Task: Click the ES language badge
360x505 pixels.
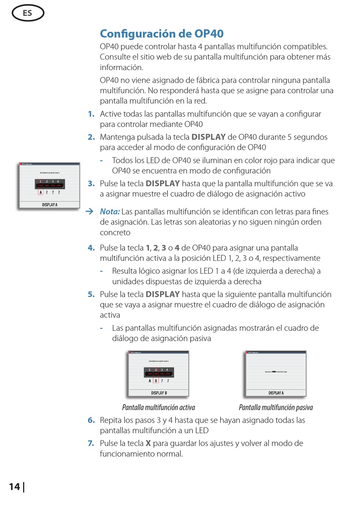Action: coord(28,13)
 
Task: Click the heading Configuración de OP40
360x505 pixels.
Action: coord(161,34)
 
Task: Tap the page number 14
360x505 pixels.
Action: coord(14,486)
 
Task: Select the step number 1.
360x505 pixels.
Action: coord(91,114)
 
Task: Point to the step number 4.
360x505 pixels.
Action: coord(91,248)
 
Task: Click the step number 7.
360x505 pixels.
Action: coord(91,443)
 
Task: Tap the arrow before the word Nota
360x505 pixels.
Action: coord(89,212)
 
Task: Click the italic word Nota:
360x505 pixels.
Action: coord(110,212)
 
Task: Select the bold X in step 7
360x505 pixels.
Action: coord(148,443)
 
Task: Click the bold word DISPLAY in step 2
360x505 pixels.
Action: coord(208,137)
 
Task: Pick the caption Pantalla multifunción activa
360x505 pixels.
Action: coord(158,408)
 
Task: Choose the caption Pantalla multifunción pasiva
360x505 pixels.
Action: coord(276,408)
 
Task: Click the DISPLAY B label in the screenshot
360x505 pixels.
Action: coord(159,393)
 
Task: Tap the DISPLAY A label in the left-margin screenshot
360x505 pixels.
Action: coord(50,205)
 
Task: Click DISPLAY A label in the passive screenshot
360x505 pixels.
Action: coord(276,393)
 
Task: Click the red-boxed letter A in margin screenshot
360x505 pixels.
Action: coord(41,193)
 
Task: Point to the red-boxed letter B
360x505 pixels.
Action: coord(156,381)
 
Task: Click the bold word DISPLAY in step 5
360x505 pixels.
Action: coord(163,295)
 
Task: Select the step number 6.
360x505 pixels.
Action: coord(91,420)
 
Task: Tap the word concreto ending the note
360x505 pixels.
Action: coord(115,232)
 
